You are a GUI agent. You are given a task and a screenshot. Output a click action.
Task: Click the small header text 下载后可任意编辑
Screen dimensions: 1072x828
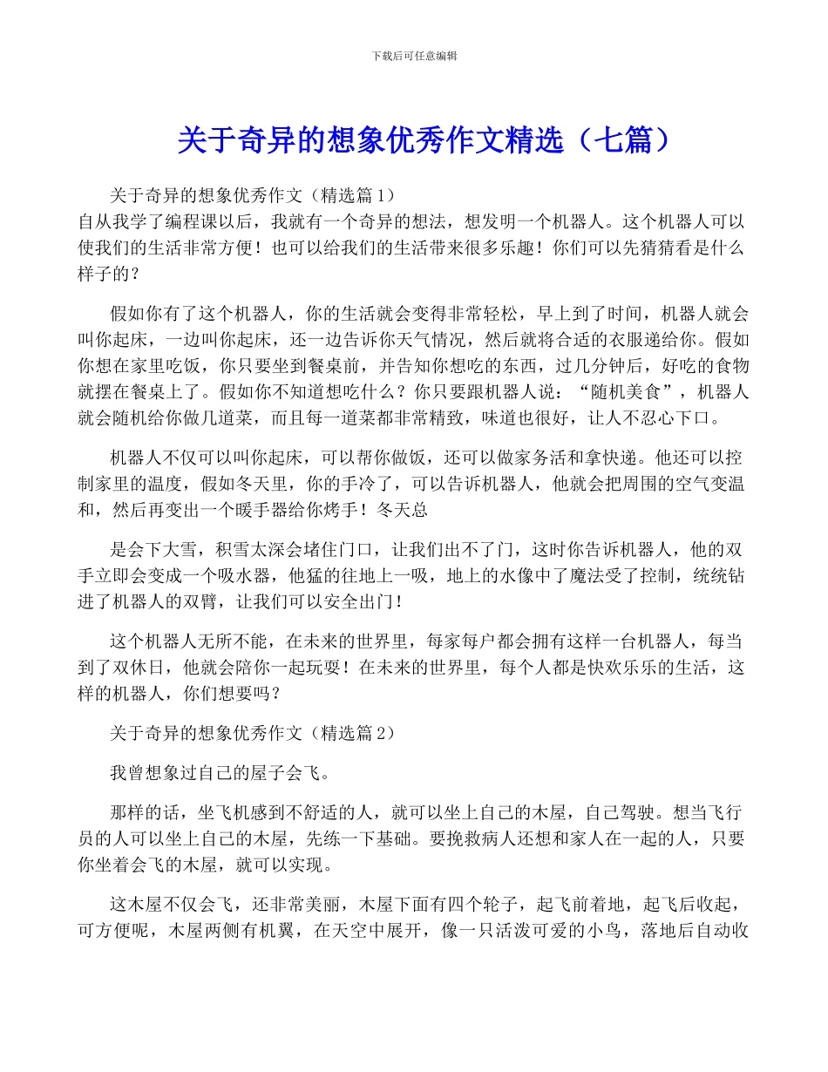coord(414,56)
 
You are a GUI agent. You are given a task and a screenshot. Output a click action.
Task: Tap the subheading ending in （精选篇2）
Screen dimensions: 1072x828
coord(253,734)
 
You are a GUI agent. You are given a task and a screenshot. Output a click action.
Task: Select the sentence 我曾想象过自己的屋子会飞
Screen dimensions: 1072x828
coord(218,773)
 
